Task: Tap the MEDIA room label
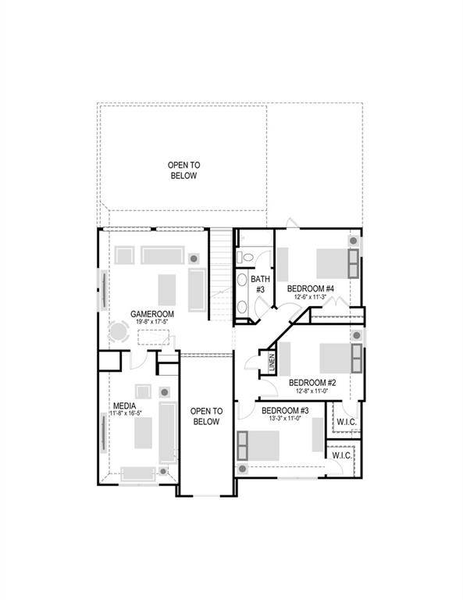[x=125, y=405]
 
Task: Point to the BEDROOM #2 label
[x=312, y=383]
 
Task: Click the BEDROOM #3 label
[x=285, y=411]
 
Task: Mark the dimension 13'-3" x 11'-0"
[x=285, y=420]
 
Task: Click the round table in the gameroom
[x=119, y=333]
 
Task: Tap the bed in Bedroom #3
[x=260, y=446]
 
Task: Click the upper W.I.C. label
[x=346, y=423]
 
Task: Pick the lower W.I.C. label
[x=341, y=455]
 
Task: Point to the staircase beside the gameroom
[x=223, y=273]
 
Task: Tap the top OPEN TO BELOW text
[x=183, y=170]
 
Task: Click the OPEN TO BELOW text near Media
[x=206, y=416]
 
